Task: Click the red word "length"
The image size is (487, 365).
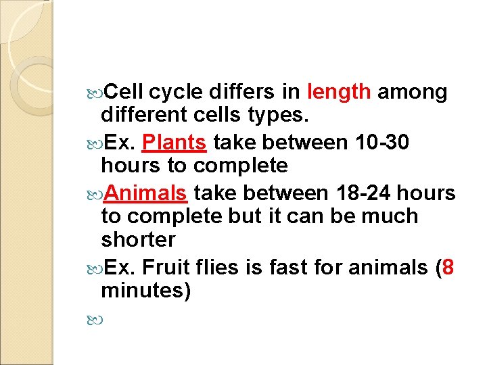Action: [x=339, y=92]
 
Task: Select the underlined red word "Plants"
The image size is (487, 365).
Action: [x=175, y=143]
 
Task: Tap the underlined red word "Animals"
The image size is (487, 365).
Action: [x=145, y=193]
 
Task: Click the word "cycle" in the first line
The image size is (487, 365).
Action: [x=176, y=92]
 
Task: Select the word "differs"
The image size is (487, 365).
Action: [x=241, y=92]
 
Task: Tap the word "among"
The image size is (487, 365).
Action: [x=412, y=92]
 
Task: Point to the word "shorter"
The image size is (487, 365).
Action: [x=138, y=240]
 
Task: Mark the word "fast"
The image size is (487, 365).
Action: [x=287, y=268]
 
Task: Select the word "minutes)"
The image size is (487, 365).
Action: [x=145, y=291]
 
